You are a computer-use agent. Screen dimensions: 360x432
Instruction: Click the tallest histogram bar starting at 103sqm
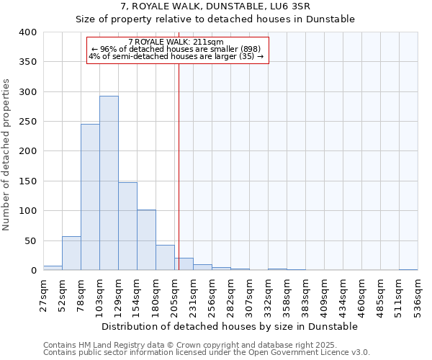(x=109, y=183)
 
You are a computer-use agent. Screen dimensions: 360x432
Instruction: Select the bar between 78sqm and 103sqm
(x=90, y=197)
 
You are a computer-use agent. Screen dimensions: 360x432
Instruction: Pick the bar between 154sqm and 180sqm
(x=146, y=240)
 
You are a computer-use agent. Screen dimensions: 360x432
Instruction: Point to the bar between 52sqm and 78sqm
(x=71, y=253)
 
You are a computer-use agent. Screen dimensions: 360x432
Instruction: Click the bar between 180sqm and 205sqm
(x=165, y=258)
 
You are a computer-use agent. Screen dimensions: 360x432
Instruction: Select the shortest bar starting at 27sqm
(x=53, y=268)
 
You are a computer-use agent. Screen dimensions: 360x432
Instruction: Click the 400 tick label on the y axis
(x=28, y=32)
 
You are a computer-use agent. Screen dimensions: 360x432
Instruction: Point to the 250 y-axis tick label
(x=28, y=122)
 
